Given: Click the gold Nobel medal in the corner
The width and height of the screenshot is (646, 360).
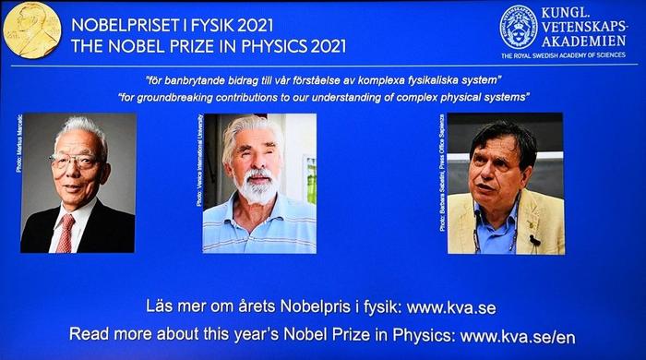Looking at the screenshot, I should click(x=31, y=30).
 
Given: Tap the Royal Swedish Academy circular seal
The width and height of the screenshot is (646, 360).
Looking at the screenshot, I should click(x=518, y=27).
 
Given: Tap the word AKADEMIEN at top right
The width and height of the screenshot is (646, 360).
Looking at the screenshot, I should click(x=583, y=41).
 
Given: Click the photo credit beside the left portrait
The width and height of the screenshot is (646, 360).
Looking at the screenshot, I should click(x=18, y=143).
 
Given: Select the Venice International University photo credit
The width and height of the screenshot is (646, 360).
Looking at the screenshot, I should click(x=199, y=160).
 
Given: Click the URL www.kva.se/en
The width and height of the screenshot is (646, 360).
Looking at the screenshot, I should click(x=518, y=335).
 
